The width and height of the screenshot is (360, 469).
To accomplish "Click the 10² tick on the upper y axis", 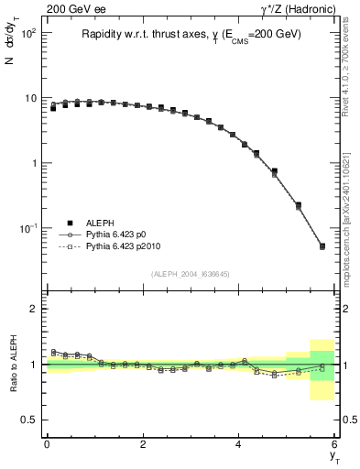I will pyautogui.click(x=28, y=33).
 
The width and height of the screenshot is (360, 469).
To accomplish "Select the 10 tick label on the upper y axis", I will pyautogui.click(x=30, y=98).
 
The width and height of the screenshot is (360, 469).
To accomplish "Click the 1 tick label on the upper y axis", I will pyautogui.click(x=33, y=163).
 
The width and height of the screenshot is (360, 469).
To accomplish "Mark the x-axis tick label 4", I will pyautogui.click(x=239, y=444).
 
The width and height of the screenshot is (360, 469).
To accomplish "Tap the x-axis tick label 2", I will pyautogui.click(x=143, y=444).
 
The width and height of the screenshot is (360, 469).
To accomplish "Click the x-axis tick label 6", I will pyautogui.click(x=335, y=444).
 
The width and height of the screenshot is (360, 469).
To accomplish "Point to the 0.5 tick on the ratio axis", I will pyautogui.click(x=30, y=420).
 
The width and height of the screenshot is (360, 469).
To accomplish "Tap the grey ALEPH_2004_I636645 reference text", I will pyautogui.click(x=191, y=274).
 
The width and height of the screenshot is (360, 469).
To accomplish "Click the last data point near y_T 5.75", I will pyautogui.click(x=322, y=245).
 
